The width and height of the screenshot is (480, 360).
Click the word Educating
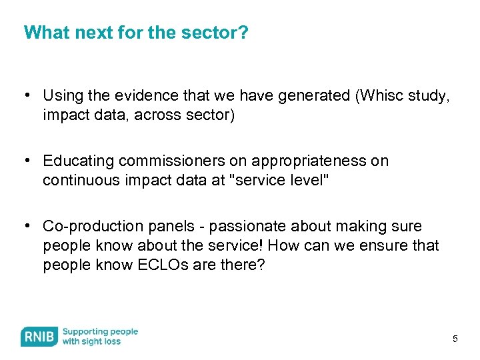click(x=77, y=161)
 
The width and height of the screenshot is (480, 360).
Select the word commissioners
click(x=165, y=161)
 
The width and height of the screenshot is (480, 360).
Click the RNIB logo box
click(x=39, y=337)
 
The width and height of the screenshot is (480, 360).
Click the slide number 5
click(x=455, y=339)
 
